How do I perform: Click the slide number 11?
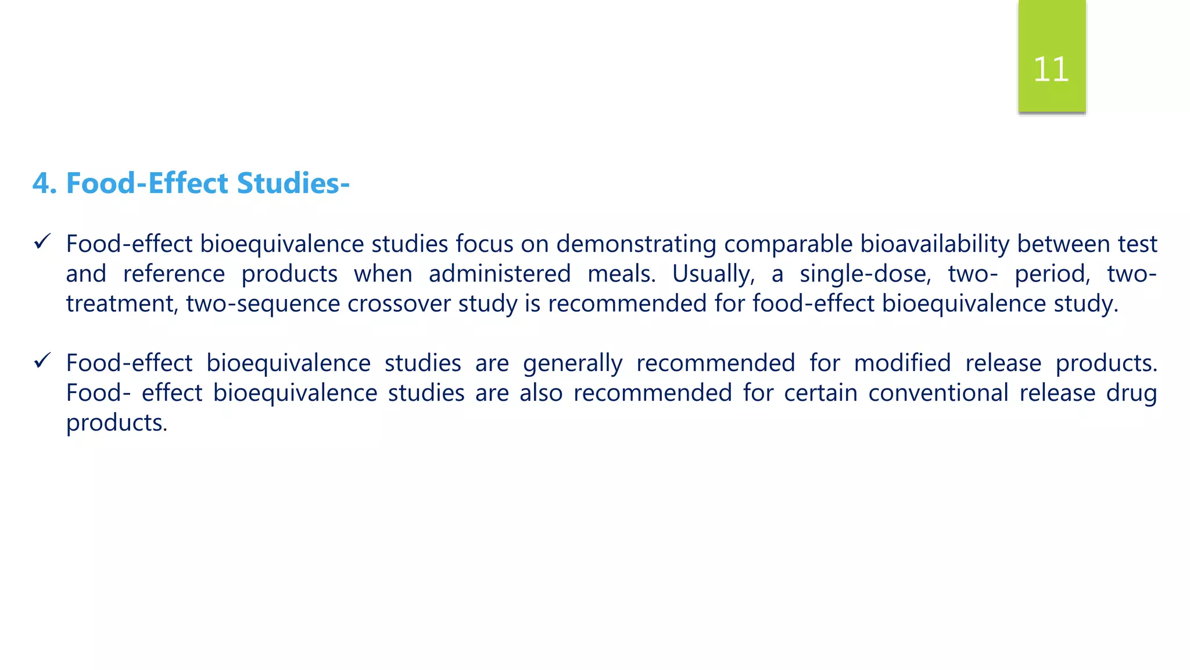(x=1051, y=69)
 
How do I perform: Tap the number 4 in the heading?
(x=41, y=183)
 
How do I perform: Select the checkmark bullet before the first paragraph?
(x=42, y=241)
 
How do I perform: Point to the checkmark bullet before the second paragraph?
(x=42, y=361)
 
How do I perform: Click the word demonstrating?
(x=636, y=244)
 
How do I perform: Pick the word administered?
(x=500, y=274)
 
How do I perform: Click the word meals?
(x=621, y=274)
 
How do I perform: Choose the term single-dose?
(x=865, y=274)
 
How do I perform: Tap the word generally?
(x=572, y=363)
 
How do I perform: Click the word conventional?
(x=938, y=393)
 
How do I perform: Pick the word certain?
(x=820, y=393)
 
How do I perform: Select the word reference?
(x=174, y=274)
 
